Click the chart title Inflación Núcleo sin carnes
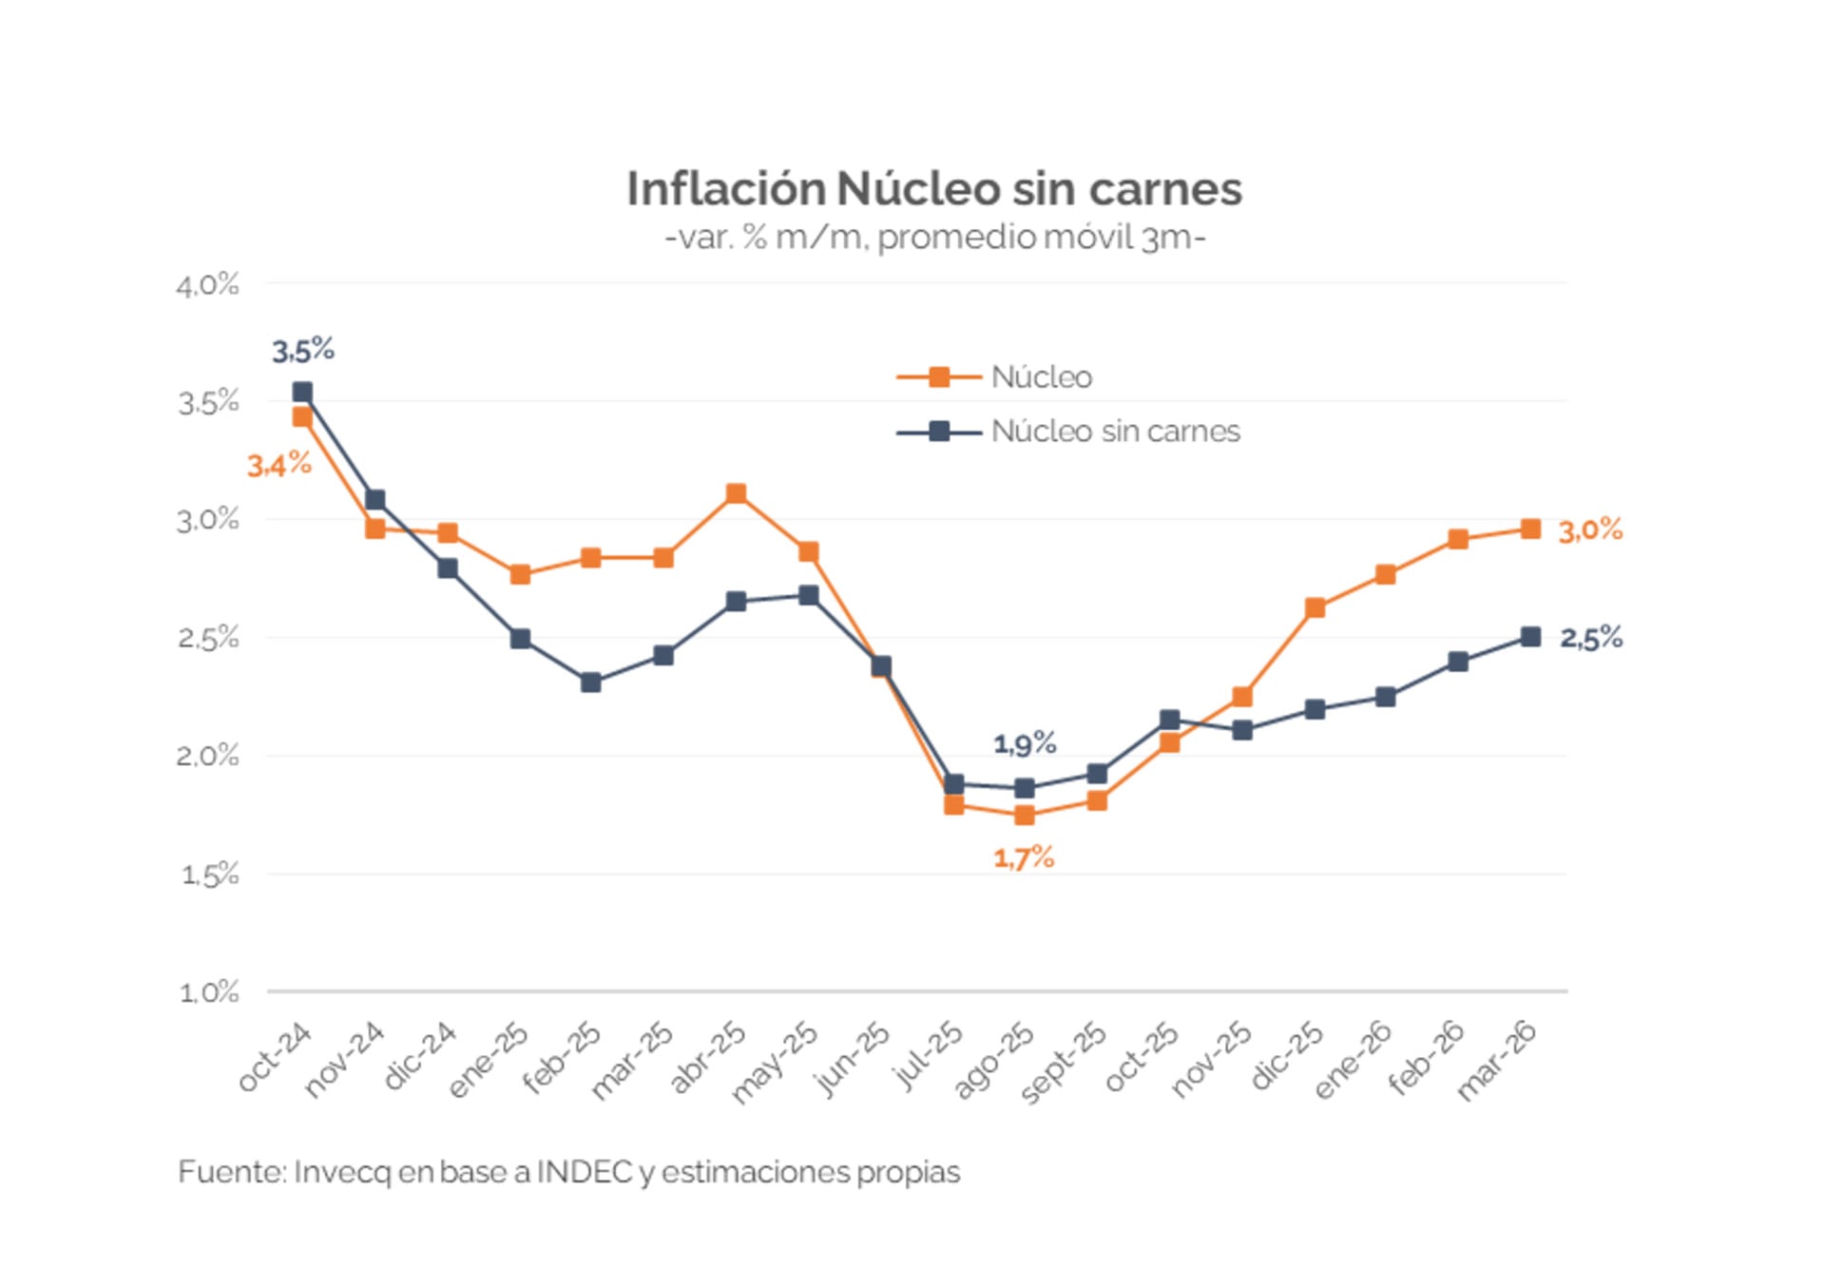point(933,188)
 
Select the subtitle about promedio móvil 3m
point(935,237)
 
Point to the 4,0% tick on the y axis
point(207,284)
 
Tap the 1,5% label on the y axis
point(209,874)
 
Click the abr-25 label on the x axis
point(709,1057)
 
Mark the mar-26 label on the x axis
point(1497,1059)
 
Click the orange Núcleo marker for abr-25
point(736,493)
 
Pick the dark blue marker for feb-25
point(590,682)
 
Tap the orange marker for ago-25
point(1025,815)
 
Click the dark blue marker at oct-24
point(302,392)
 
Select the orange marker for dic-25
point(1315,607)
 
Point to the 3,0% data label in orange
point(1590,530)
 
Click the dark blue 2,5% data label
point(1590,638)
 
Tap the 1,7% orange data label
point(1024,858)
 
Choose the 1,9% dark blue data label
point(1025,743)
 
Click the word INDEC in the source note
point(584,1172)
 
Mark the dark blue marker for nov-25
point(1242,730)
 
